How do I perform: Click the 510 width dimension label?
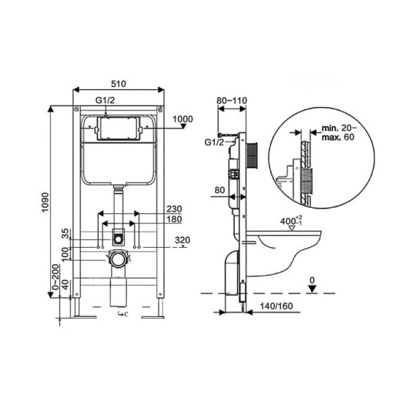tap(119, 84)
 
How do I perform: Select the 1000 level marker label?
tap(183, 119)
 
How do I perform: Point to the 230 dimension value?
tap(174, 209)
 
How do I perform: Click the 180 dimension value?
tap(174, 219)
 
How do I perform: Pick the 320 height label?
tap(182, 239)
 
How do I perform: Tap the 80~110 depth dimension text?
tap(232, 100)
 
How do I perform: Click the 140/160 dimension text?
tap(276, 306)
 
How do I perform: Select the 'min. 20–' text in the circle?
tap(339, 128)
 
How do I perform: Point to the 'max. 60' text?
tap(338, 137)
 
